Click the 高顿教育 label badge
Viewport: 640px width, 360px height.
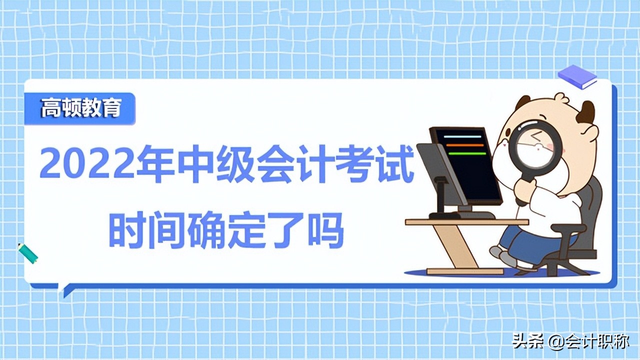pos(80,108)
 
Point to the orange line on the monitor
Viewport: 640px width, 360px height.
pos(465,145)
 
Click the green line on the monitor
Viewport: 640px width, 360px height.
pos(466,153)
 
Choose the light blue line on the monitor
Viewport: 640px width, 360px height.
pos(463,136)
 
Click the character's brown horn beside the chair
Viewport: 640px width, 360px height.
pos(586,112)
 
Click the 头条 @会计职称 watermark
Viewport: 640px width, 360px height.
pos(570,342)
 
